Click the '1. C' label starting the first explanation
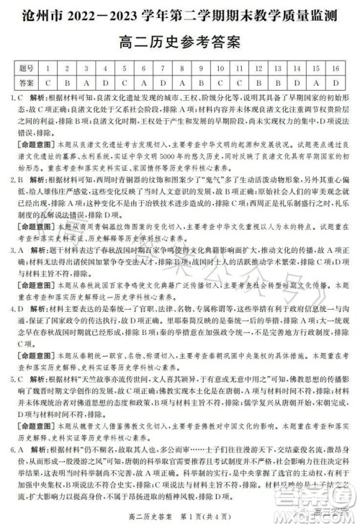18,97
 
